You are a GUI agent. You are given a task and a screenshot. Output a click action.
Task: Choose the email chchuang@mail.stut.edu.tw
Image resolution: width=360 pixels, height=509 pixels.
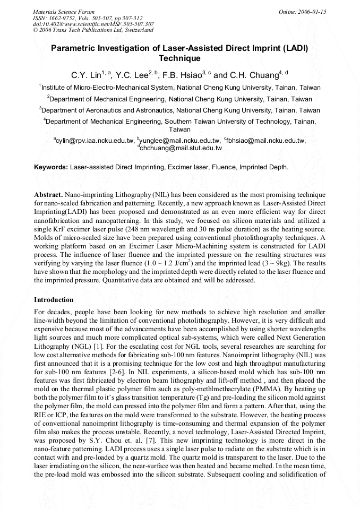(181, 148)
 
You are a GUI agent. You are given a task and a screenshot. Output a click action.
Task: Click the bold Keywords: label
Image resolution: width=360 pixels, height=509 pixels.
(51, 167)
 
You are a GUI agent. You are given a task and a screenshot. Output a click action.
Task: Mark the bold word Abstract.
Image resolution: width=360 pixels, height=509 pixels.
(48, 195)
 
